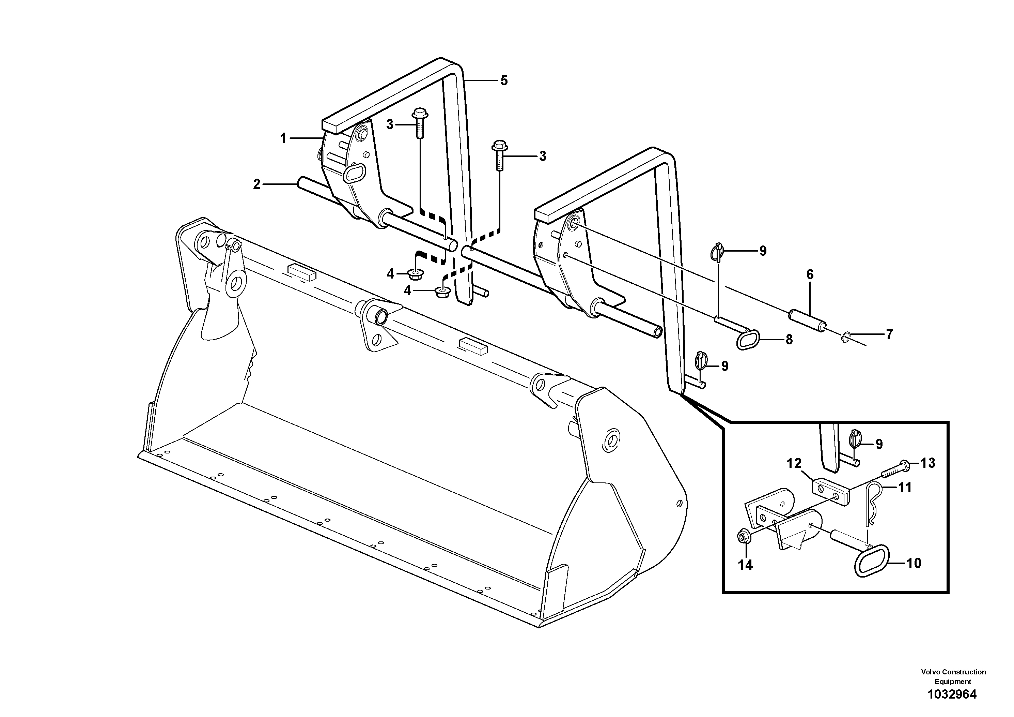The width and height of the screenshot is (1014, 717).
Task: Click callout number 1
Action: (283, 138)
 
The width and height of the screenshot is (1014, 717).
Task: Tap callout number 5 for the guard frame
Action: (504, 80)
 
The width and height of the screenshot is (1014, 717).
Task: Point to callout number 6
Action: (810, 274)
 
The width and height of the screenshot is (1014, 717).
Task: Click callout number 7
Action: (889, 334)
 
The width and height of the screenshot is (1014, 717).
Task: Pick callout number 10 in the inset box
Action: (913, 563)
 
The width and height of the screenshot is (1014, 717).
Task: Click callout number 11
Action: (905, 488)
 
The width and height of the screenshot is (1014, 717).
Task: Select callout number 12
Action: (794, 464)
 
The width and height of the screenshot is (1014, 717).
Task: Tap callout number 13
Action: (927, 463)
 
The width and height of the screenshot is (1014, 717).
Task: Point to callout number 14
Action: (746, 565)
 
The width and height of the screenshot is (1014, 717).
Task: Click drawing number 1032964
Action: (952, 694)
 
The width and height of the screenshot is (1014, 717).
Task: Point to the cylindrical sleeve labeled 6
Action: (807, 323)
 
